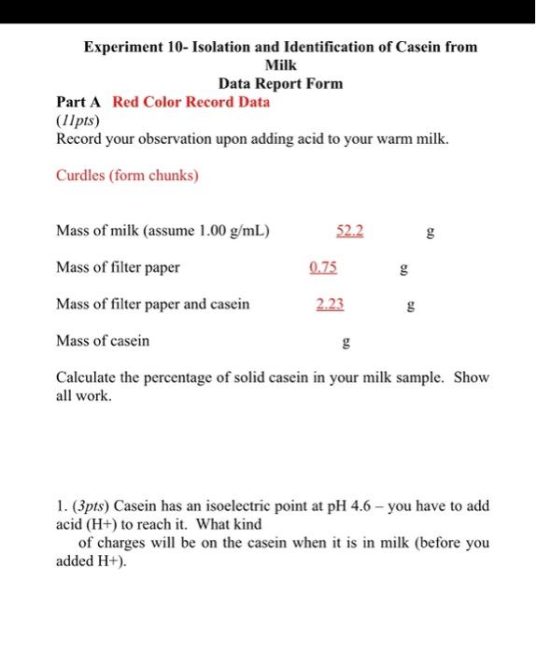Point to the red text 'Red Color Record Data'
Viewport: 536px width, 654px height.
191,102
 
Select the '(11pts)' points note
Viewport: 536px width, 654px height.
78,121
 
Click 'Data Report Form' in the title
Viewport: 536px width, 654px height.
280,83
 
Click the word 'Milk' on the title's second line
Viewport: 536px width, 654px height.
280,64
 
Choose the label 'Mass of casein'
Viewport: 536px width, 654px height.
103,341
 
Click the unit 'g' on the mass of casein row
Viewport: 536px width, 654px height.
347,343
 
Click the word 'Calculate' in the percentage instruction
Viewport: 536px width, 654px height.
91,378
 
